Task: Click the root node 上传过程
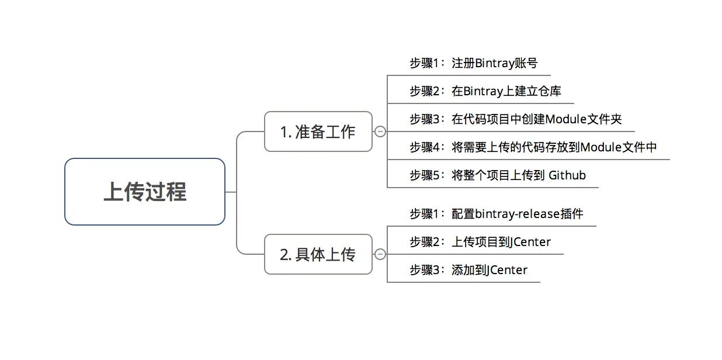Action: tap(145, 192)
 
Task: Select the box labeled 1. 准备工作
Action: tap(318, 131)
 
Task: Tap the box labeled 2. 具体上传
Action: tap(318, 254)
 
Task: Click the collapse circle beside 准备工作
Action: tap(380, 132)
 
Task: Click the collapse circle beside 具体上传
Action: tap(380, 254)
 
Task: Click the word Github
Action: tap(567, 175)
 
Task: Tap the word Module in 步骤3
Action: tap(565, 119)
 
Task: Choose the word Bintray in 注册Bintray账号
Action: tap(494, 63)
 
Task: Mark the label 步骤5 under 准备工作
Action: tap(424, 175)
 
